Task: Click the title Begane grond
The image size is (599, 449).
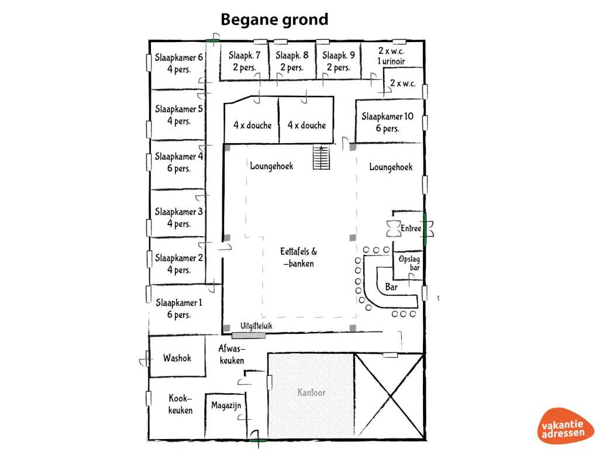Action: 274,20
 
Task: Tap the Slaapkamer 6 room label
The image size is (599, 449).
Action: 179,63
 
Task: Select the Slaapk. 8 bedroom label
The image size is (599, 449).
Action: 292,61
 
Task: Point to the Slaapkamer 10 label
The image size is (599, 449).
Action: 387,122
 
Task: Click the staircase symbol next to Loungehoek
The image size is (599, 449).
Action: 321,157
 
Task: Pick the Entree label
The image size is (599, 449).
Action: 411,229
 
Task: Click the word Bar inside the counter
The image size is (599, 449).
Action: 391,286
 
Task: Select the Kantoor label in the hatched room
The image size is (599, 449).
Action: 311,392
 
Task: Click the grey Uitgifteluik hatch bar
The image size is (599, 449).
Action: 249,336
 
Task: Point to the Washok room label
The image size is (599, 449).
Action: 177,358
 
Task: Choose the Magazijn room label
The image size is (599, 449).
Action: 226,406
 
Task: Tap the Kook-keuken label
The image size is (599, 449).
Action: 180,405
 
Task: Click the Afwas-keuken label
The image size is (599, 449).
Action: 232,354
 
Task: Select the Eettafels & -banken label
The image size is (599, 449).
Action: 298,257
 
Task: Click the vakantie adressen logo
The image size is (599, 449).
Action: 564,427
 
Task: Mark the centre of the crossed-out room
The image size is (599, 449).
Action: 390,396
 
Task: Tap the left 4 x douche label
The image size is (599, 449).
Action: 253,125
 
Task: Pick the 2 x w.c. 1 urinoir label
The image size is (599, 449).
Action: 391,56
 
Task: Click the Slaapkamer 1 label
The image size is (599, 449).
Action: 179,309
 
